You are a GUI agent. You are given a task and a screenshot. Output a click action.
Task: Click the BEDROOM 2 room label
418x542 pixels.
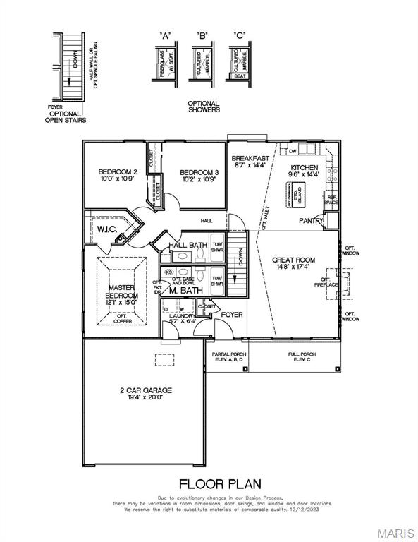pos(117,172)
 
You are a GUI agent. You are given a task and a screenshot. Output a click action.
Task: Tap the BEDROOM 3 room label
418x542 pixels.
pos(198,172)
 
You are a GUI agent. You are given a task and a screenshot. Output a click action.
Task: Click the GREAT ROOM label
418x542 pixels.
pos(294,260)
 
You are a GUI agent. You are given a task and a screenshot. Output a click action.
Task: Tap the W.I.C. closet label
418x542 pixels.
pos(107,229)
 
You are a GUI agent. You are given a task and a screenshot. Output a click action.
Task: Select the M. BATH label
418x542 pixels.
pos(186,290)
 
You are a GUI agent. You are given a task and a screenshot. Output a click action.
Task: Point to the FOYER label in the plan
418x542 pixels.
pos(233,315)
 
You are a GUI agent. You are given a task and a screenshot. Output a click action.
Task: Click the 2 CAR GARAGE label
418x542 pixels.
pos(145,390)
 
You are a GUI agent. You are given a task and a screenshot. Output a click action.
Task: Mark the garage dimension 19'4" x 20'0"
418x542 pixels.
pos(145,397)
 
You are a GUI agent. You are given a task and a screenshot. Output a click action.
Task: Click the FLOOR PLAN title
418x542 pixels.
pos(219,484)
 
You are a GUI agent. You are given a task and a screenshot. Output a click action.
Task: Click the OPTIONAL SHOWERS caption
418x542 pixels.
pos(204,107)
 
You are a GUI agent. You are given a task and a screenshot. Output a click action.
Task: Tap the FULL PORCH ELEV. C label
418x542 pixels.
pos(302,356)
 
